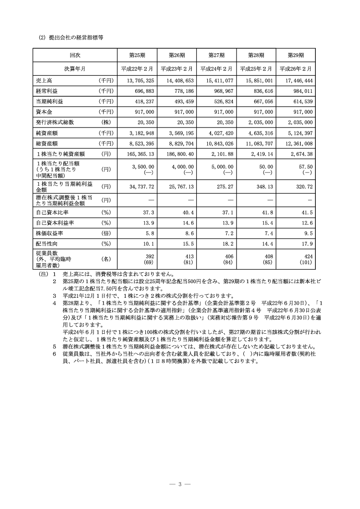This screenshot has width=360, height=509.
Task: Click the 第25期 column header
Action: (137, 55)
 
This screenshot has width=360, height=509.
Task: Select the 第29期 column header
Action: (296, 55)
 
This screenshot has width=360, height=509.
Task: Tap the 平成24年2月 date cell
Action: (216, 68)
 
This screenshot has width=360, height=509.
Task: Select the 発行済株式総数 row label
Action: (54, 122)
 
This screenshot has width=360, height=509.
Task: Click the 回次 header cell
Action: (75, 55)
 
